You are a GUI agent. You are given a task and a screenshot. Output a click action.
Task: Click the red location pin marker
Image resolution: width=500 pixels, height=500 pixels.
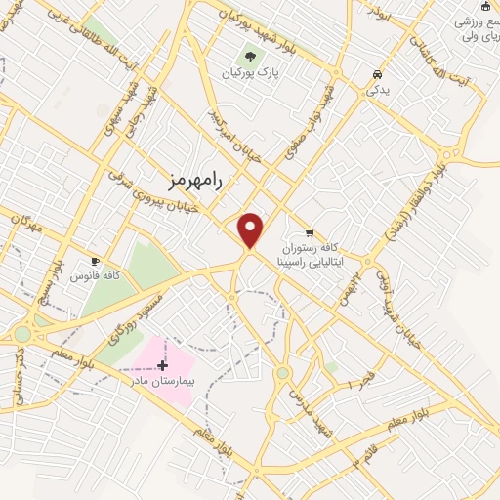click(x=252, y=229)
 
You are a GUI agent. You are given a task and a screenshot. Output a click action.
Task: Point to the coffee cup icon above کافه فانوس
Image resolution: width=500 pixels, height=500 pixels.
click(x=96, y=261)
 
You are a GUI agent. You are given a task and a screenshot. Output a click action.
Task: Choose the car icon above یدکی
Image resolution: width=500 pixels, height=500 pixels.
click(x=377, y=74)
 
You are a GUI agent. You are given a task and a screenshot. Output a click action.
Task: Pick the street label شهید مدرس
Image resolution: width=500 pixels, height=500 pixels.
click(x=304, y=400)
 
